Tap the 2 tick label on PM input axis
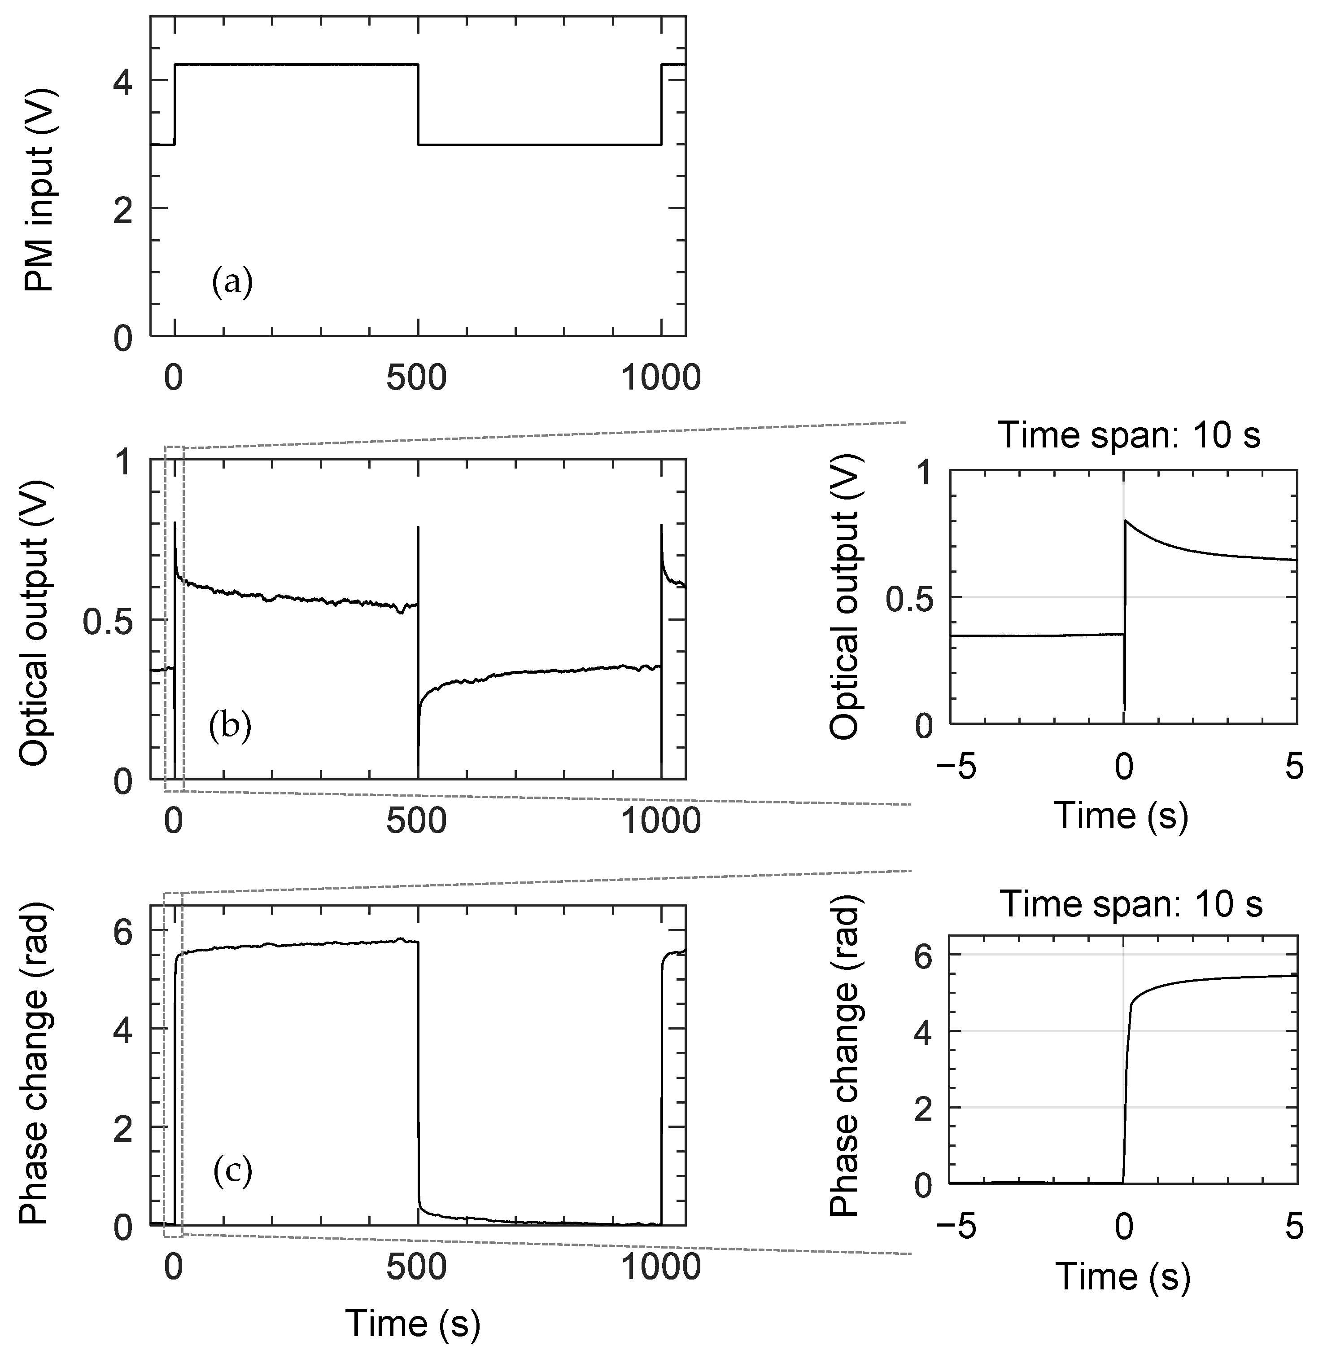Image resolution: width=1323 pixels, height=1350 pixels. point(123,209)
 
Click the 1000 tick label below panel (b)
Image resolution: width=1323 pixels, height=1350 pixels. point(660,822)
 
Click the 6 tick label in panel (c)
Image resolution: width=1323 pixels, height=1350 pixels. point(123,932)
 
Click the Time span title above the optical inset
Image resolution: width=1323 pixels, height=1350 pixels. point(1129,436)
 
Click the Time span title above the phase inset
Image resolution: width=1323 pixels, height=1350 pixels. point(1131,904)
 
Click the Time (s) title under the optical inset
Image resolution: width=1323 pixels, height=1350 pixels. point(1121,815)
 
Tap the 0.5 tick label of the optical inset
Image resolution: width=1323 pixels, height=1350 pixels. point(911,597)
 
